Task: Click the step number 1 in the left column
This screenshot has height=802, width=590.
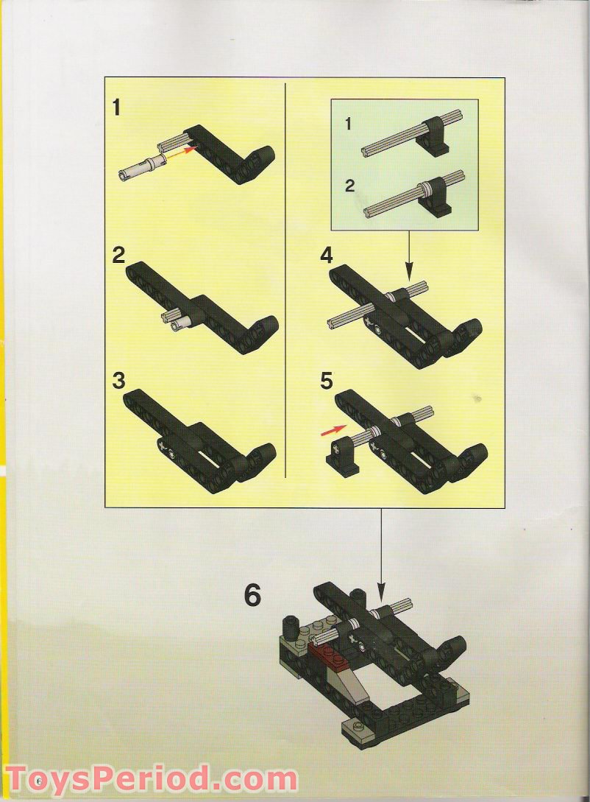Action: coord(116,108)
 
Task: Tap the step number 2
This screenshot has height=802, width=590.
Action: coord(118,256)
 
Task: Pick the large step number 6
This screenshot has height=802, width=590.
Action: coord(252,595)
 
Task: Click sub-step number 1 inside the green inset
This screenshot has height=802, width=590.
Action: coord(349,124)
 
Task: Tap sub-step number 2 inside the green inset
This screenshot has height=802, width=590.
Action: coord(349,185)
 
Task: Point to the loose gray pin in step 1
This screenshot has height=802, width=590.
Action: coord(140,167)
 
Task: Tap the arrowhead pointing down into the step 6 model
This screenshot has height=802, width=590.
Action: coord(380,590)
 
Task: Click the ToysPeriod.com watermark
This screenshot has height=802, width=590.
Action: coord(152,778)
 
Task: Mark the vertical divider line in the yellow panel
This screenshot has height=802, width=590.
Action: coord(285,280)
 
